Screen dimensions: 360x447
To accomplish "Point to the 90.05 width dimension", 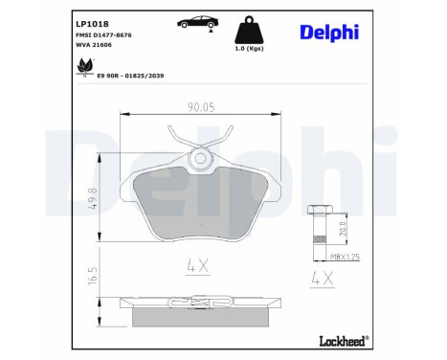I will pos(200,107).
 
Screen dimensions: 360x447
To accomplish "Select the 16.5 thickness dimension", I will pos(92,274).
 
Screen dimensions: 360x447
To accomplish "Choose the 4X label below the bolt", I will pos(323,281).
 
